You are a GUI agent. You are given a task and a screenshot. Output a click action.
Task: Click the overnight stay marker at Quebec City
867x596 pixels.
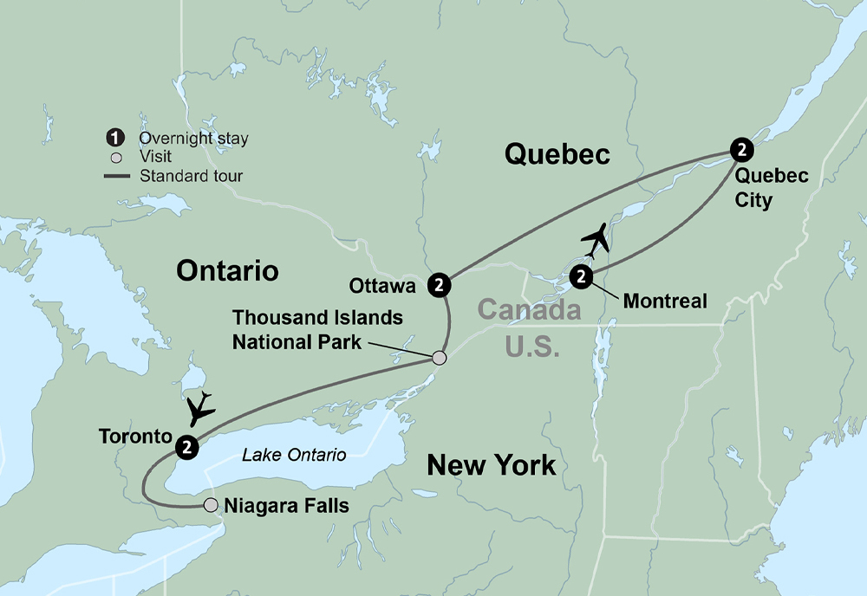(741, 150)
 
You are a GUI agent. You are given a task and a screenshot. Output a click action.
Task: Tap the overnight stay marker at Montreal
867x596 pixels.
(581, 277)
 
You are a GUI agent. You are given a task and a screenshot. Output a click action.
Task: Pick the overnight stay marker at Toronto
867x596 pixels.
(186, 447)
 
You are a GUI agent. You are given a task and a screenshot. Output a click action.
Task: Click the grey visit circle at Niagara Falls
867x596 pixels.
(210, 505)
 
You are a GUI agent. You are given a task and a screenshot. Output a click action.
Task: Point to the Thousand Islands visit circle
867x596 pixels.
(440, 358)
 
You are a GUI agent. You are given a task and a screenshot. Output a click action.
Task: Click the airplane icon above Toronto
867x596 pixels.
(200, 407)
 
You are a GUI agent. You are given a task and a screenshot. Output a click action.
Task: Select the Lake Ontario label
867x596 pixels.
(294, 455)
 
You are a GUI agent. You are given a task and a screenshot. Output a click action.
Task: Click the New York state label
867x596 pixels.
(491, 466)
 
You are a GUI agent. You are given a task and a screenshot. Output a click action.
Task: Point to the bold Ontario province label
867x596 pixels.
(227, 271)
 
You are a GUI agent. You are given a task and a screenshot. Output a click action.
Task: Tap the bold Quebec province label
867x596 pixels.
(557, 154)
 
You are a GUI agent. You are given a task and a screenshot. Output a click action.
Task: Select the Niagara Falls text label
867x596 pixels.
(286, 505)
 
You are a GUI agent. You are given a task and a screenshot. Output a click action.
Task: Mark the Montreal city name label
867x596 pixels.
(665, 301)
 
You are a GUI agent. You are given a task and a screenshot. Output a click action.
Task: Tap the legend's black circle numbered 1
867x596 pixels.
(114, 139)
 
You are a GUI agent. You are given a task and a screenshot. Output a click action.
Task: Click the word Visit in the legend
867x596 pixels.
(155, 157)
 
